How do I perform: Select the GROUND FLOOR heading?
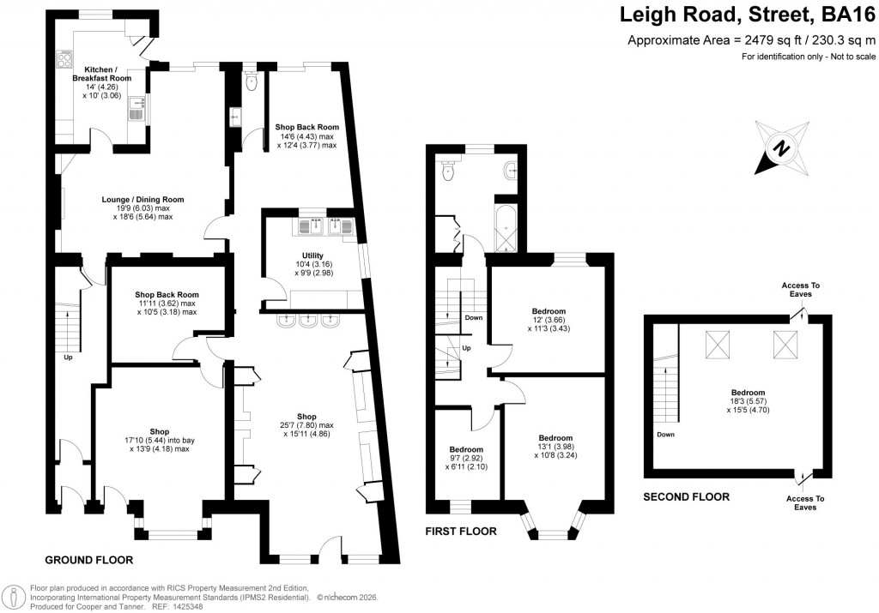point(88,561)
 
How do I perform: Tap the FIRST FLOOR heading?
point(461,532)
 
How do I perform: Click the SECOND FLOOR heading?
point(687,496)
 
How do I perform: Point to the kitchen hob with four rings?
point(64,59)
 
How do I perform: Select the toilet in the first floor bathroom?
point(446,171)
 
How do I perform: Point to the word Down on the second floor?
point(664,435)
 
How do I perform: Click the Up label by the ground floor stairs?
point(68,358)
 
